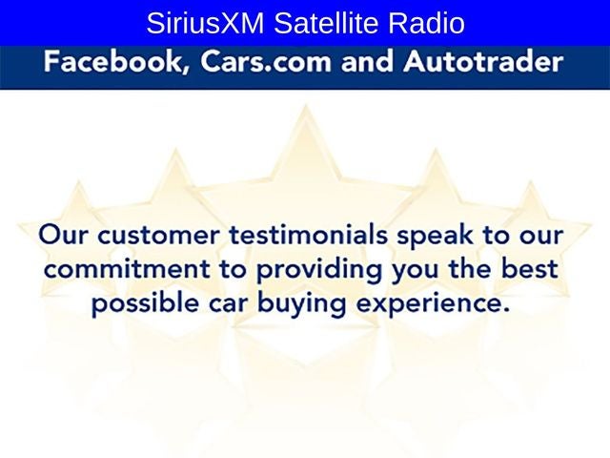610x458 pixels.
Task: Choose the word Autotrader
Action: (x=482, y=65)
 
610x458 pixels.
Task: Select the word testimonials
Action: (x=319, y=235)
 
